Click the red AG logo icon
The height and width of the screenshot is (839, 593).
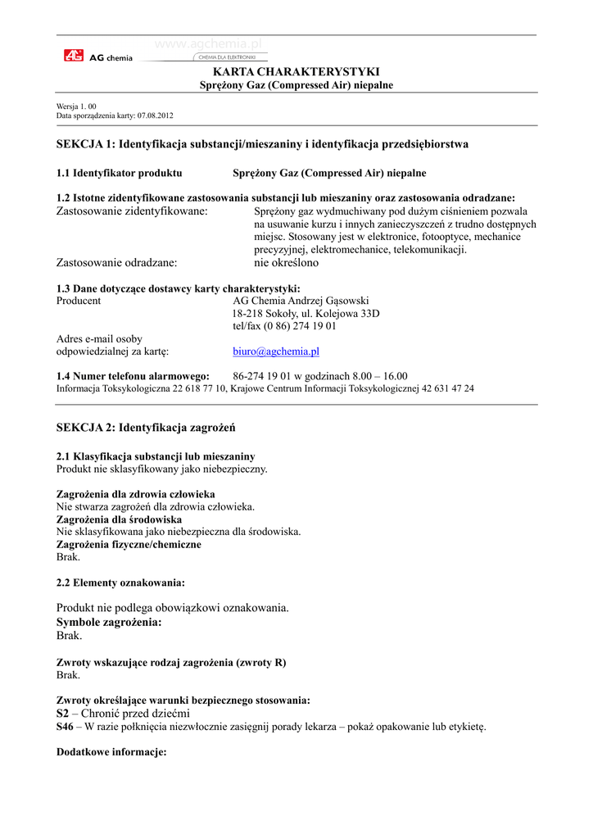[x=74, y=56]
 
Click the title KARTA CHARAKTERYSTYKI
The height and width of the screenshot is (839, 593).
[x=296, y=72]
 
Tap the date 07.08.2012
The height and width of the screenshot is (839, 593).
[x=156, y=116]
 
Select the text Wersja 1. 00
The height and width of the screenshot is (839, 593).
[x=76, y=107]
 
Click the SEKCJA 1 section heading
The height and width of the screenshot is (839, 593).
[x=262, y=144]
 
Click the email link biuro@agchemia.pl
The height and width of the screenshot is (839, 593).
[x=276, y=351]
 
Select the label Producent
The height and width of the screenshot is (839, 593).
[x=79, y=301]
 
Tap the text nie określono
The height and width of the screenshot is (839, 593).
[x=286, y=263]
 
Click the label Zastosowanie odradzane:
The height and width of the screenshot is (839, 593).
[x=116, y=263]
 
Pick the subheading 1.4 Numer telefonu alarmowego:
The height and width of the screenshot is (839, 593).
[x=133, y=376]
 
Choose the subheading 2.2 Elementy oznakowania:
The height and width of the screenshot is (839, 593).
[x=120, y=583]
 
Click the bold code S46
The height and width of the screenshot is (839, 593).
[x=65, y=727]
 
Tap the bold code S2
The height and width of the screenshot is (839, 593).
[x=62, y=714]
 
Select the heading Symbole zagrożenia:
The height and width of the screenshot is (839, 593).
[x=109, y=622]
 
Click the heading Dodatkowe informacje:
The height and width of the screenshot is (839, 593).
[x=111, y=751]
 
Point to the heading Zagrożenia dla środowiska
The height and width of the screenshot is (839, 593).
[x=119, y=519]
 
